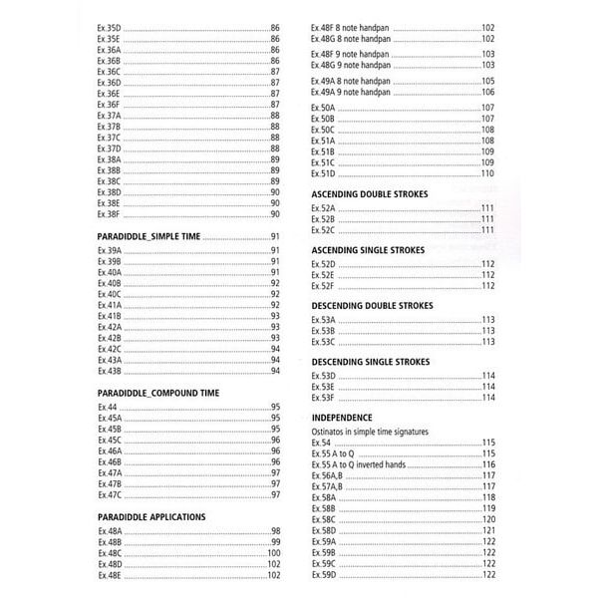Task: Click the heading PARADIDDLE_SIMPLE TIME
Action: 149,236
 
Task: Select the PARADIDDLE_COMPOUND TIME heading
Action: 158,393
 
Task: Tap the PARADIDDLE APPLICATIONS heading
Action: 152,517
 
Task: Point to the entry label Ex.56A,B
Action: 327,475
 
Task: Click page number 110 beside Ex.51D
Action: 487,173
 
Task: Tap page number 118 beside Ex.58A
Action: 488,497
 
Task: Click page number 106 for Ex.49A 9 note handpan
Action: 487,92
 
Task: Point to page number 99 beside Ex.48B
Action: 276,542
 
